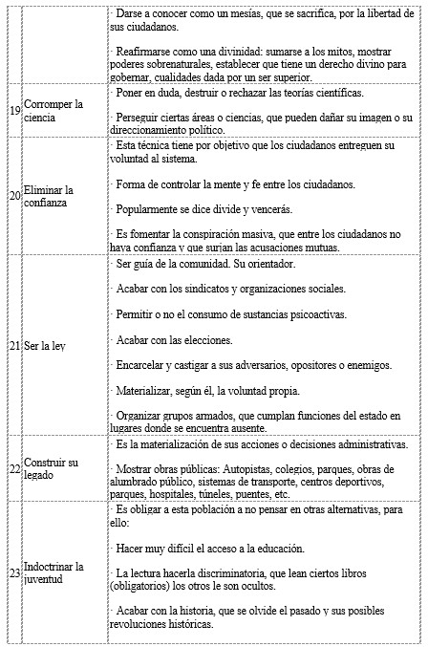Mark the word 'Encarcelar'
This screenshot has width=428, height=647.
(x=139, y=365)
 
